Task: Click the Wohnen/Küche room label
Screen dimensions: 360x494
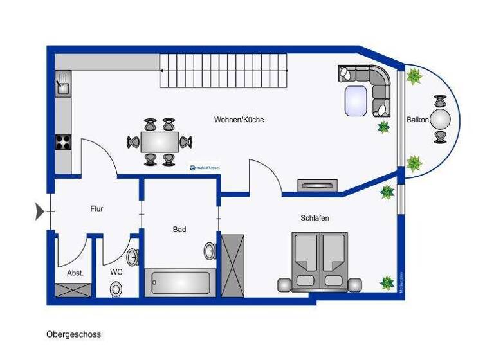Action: point(239,120)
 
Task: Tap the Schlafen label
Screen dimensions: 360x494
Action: point(315,218)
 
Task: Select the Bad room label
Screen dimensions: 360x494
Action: point(179,229)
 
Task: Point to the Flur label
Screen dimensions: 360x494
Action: point(96,208)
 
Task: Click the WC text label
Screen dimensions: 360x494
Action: point(116,272)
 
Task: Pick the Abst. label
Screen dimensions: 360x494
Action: point(75,273)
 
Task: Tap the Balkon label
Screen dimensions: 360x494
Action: point(417,120)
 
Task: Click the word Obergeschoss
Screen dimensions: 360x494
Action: point(73,334)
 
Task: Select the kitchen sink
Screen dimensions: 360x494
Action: point(63,84)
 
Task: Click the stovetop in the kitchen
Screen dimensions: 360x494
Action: point(63,142)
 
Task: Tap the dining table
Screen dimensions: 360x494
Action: point(160,141)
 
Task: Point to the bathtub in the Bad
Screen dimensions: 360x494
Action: point(181,283)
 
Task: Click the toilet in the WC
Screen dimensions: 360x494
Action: point(116,289)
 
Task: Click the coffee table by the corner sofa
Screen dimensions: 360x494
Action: point(356,101)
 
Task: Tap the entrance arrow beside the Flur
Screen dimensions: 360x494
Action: point(40,210)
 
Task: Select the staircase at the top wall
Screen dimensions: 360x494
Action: point(223,70)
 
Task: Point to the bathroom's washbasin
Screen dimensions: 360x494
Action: point(210,250)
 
